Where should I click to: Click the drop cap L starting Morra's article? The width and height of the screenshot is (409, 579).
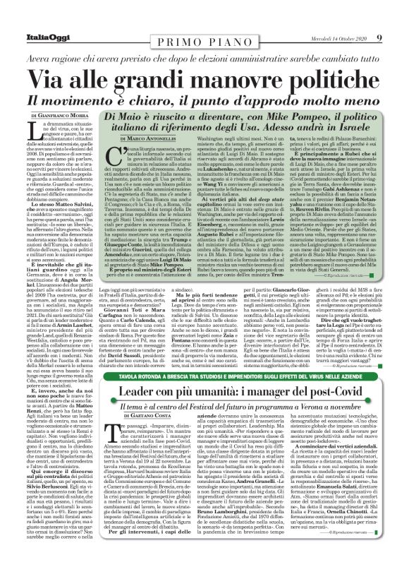coord(34,128)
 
